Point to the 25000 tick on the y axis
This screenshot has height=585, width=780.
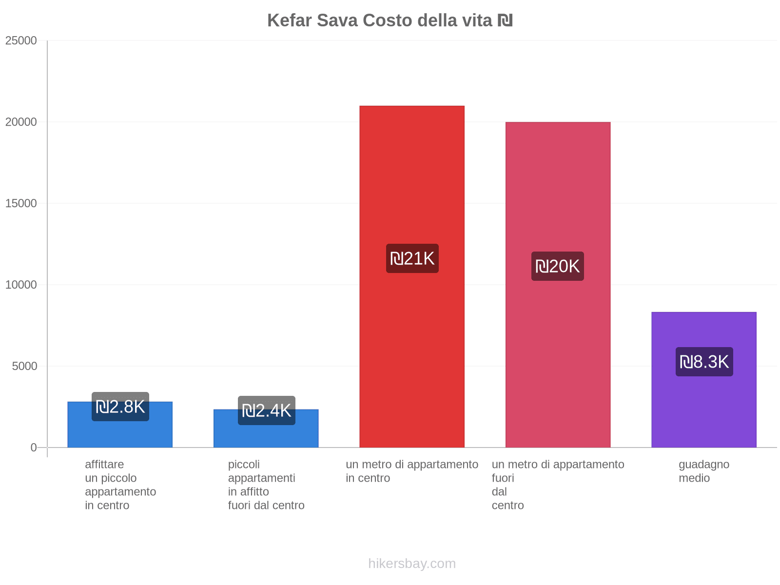click(x=21, y=41)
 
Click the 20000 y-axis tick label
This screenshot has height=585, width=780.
click(x=21, y=122)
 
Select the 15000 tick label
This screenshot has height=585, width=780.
click(x=21, y=204)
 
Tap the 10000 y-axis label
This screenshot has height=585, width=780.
click(x=21, y=285)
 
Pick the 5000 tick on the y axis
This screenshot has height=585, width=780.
click(x=24, y=367)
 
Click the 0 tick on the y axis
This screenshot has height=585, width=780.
click(x=34, y=448)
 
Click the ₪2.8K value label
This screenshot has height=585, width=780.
click(x=120, y=407)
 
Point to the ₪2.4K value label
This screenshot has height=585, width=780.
click(x=266, y=410)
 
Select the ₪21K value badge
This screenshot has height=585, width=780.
click(x=412, y=258)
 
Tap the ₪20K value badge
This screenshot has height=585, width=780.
click(x=558, y=266)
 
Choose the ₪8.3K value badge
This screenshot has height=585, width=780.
click(x=704, y=362)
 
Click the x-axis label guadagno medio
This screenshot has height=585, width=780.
click(x=703, y=471)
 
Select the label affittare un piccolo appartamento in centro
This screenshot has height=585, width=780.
click(x=120, y=485)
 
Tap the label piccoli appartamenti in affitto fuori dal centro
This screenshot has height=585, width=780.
click(x=266, y=485)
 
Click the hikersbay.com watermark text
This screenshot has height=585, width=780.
click(x=412, y=564)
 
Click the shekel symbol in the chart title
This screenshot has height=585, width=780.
click(x=505, y=20)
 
